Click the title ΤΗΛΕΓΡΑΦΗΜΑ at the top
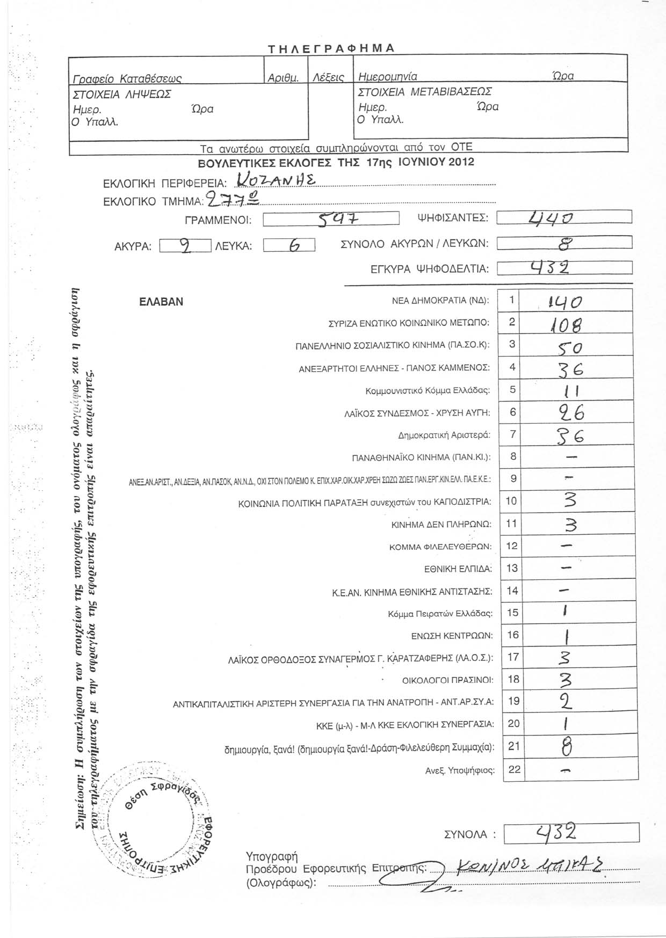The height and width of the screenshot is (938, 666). [332, 48]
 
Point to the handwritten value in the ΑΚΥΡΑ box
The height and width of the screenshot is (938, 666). [185, 246]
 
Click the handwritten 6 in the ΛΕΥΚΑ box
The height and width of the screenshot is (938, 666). [293, 246]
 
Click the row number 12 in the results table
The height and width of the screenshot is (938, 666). [512, 546]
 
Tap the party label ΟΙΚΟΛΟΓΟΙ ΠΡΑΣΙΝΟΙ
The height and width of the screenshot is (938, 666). [447, 680]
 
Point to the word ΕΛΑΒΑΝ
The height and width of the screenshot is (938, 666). [161, 302]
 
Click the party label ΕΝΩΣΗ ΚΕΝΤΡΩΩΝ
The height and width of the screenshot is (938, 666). [452, 636]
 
